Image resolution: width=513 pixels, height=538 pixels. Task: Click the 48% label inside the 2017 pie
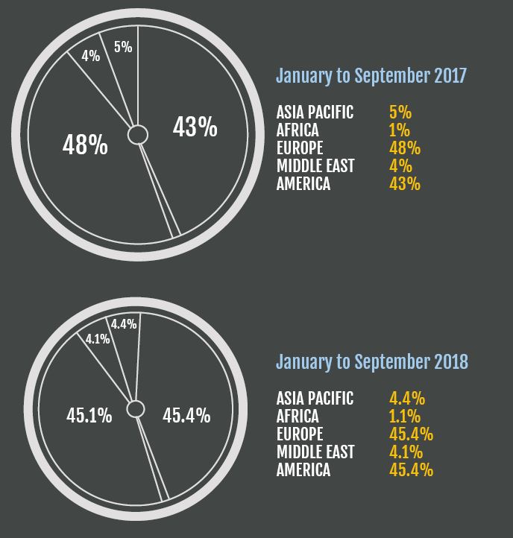(85, 145)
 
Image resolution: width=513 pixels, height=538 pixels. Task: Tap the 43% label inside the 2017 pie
(195, 127)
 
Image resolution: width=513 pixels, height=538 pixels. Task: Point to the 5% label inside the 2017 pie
(123, 47)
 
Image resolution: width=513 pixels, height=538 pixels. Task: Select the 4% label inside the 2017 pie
(91, 55)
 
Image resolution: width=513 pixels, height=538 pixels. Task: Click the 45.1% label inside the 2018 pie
(89, 416)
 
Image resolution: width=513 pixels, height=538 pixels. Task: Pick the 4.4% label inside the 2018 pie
(123, 324)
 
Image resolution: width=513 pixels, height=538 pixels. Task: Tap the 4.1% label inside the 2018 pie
(98, 338)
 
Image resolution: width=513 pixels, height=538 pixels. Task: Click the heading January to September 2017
(371, 76)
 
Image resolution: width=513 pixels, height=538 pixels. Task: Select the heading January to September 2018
(372, 362)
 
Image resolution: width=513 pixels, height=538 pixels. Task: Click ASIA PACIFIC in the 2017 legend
(315, 113)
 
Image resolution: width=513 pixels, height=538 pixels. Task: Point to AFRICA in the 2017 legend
(298, 130)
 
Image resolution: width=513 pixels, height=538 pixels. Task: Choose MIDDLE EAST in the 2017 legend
(315, 166)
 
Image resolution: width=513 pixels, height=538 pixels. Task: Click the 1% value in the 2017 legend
(400, 130)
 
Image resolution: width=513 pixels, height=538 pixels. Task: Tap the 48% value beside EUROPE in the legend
(405, 148)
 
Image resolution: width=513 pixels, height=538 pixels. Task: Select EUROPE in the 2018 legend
(300, 434)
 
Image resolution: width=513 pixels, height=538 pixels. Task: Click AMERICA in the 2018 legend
(303, 469)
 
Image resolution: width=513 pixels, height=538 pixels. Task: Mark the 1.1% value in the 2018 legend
(405, 416)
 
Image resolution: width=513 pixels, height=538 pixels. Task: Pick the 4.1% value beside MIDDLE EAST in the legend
(405, 452)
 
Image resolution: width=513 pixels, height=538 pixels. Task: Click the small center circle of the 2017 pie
(137, 134)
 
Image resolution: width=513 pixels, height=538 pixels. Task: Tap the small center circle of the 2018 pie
(136, 408)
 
